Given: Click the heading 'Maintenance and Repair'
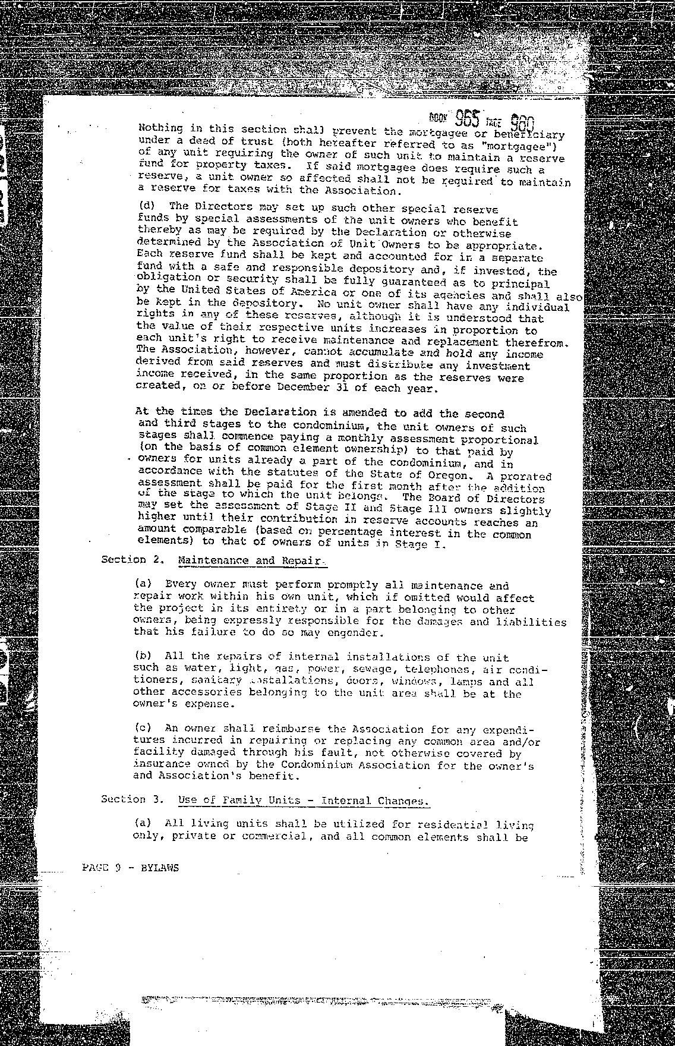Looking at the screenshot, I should (x=252, y=560).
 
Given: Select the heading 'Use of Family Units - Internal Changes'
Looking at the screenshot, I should (x=304, y=800).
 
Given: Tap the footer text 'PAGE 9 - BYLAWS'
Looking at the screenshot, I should (x=131, y=867).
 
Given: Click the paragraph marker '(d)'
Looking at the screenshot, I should (x=146, y=206).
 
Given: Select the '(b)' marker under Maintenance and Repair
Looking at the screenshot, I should (x=143, y=656).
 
